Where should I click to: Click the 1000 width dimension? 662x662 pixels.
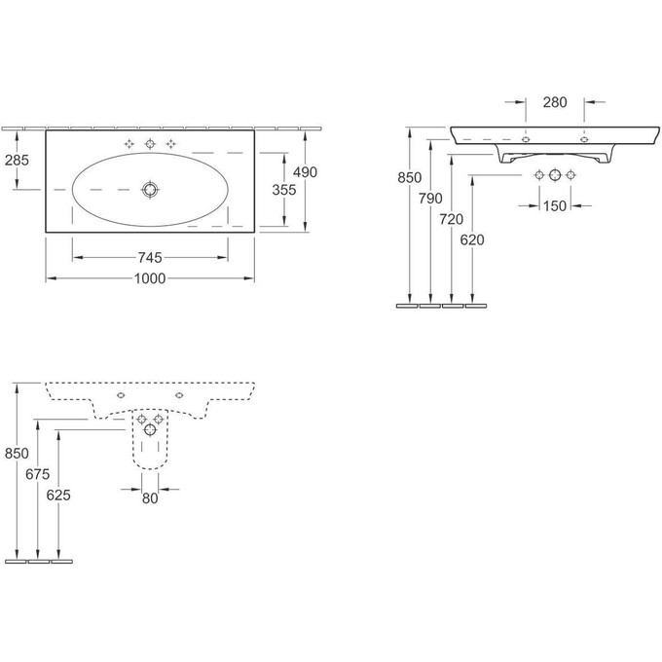click(x=149, y=278)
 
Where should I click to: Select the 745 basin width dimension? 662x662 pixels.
click(x=149, y=257)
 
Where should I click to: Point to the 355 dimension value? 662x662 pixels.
click(x=283, y=191)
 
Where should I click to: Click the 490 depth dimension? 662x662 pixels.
click(x=306, y=172)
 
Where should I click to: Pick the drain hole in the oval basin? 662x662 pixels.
click(x=150, y=189)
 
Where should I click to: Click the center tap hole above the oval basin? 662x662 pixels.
click(x=150, y=144)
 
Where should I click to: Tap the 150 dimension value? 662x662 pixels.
click(x=555, y=205)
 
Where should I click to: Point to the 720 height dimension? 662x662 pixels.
click(x=452, y=220)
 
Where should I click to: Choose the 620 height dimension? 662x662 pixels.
click(x=473, y=239)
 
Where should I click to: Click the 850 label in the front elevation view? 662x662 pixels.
click(x=410, y=178)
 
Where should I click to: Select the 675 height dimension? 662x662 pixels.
click(x=37, y=473)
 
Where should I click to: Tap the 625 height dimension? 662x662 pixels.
click(x=58, y=494)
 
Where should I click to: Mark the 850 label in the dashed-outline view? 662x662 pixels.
click(x=17, y=453)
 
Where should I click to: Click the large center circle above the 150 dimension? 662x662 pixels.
click(x=555, y=176)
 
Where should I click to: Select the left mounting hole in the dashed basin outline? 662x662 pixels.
click(x=119, y=397)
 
